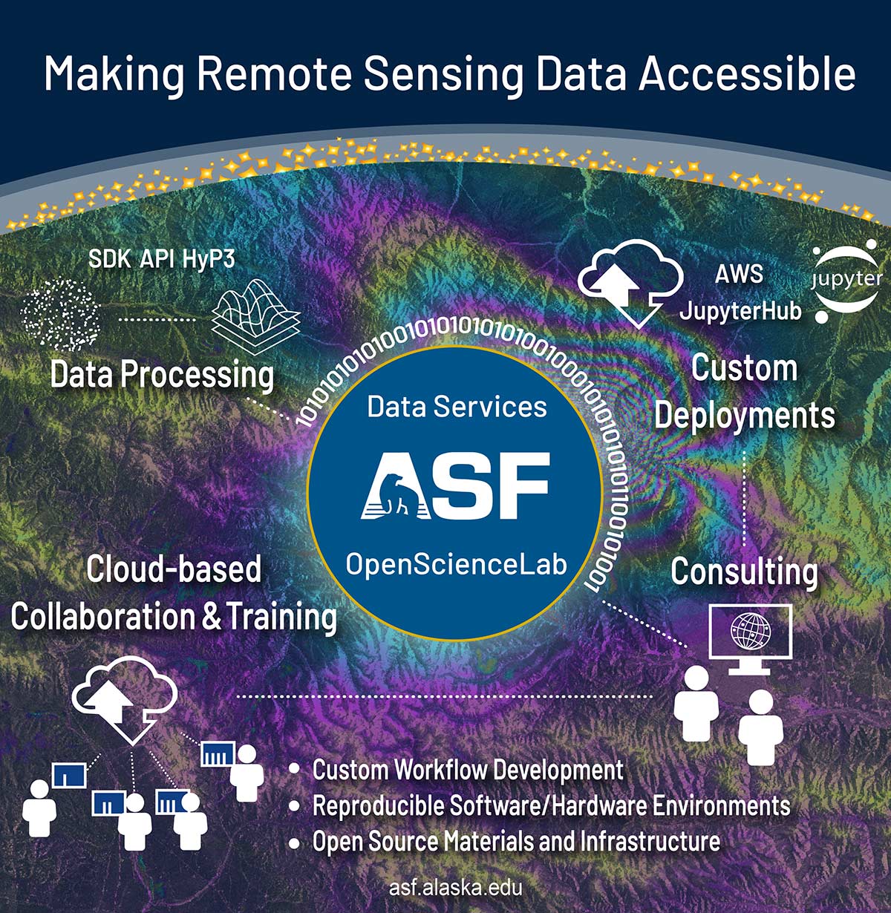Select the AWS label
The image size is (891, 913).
tap(739, 274)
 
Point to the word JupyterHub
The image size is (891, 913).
tap(740, 310)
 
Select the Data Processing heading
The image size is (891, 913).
tap(162, 375)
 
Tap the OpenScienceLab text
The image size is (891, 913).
tap(456, 566)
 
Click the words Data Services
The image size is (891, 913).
tap(457, 406)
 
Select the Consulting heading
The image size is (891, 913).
tap(744, 572)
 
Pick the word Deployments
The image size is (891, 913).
tap(744, 416)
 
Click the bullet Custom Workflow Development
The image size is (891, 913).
tap(468, 770)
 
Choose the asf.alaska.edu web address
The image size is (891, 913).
tap(455, 888)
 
